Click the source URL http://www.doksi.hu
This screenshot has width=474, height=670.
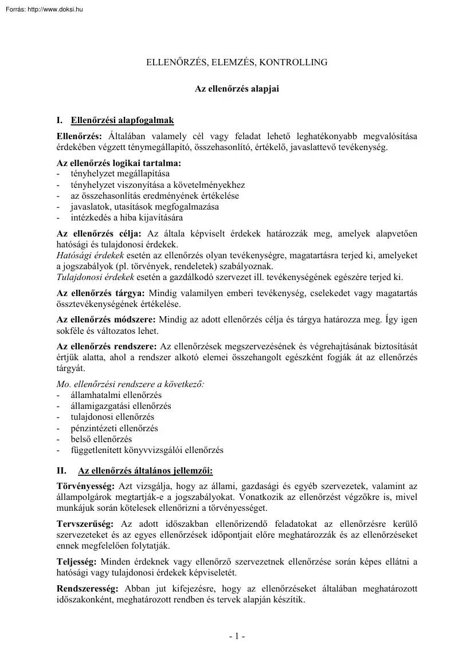click(55, 9)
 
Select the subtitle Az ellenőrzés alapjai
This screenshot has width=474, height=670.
click(237, 89)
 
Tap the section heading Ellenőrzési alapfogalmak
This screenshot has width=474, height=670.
click(122, 121)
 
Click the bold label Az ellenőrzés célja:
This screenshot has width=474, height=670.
click(99, 234)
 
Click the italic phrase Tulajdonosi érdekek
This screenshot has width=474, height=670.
click(95, 277)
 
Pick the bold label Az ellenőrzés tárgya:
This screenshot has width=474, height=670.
click(101, 293)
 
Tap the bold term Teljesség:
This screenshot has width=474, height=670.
click(77, 562)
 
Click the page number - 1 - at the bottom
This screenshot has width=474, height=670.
click(237, 636)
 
